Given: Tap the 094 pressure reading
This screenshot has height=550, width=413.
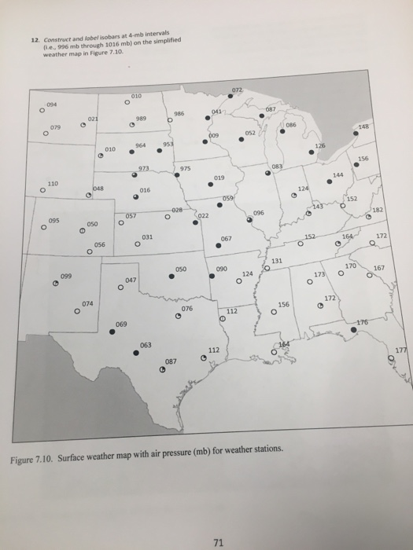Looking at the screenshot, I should pos(51,102).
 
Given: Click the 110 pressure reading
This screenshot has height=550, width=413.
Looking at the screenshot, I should pos(53,182).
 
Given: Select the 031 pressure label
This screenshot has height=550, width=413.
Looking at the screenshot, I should pos(147,236).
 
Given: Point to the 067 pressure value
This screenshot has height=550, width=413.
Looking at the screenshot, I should pos(226,238).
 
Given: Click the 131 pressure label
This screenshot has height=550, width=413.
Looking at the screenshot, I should pos(277,261).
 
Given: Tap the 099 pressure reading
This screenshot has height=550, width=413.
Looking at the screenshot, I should pos(67,277).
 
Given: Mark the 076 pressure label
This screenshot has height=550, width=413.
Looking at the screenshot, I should pos(186,309).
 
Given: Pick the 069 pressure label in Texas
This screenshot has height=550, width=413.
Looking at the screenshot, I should pos(121,324).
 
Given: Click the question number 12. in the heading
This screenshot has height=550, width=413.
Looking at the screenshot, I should pos(34,40).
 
